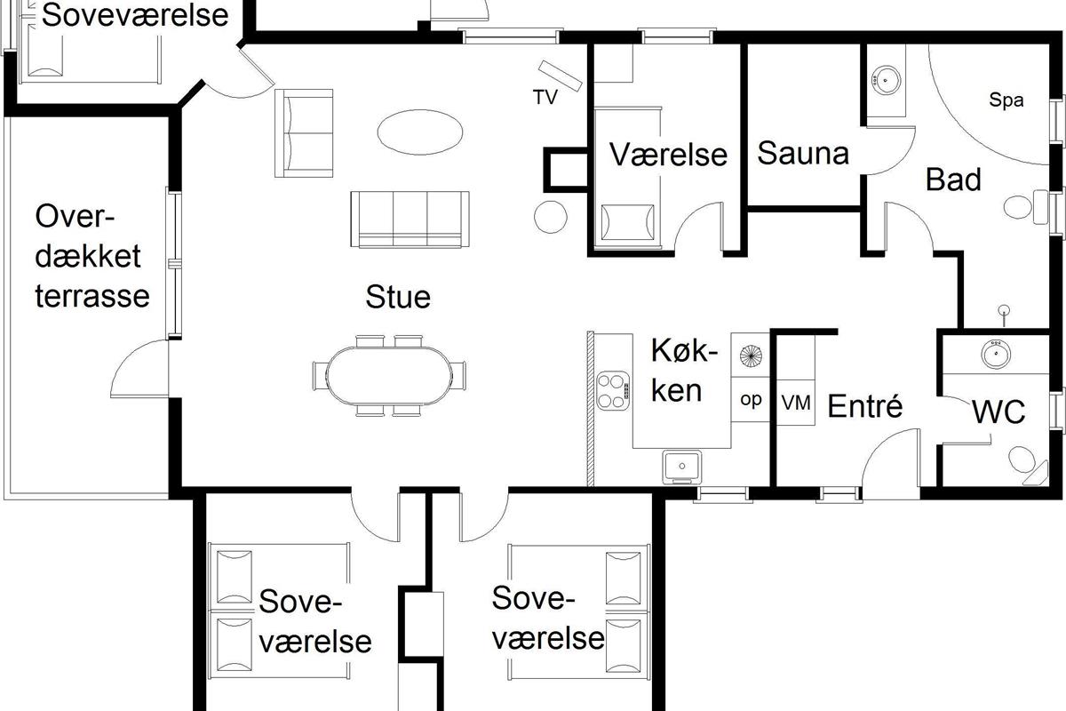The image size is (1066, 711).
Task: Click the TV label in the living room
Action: [545, 97]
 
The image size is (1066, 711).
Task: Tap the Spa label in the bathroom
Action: [1006, 100]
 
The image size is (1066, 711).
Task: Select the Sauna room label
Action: [803, 154]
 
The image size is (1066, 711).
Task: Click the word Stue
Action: [398, 297]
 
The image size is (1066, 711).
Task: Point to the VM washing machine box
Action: [796, 403]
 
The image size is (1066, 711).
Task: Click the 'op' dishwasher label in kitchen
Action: [751, 400]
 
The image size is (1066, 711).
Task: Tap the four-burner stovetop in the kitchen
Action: [613, 390]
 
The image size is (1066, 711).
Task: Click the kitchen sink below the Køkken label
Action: [682, 466]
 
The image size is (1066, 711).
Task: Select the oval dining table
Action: [389, 376]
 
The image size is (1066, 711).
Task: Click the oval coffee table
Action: [419, 132]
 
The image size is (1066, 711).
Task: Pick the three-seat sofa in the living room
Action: [410, 220]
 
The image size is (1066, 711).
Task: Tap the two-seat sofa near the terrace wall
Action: [304, 132]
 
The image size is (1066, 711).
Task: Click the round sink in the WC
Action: [996, 354]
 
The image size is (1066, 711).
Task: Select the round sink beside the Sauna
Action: [885, 80]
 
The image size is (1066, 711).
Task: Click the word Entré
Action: [864, 406]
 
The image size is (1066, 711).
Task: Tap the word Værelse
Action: [668, 155]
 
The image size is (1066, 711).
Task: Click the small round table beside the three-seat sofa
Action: [550, 217]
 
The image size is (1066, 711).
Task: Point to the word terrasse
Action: [92, 296]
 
